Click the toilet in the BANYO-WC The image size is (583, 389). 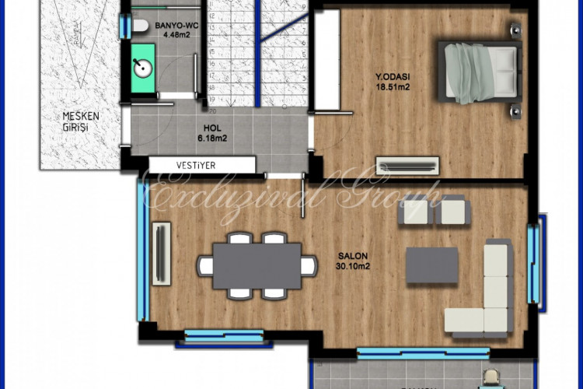click(140, 26)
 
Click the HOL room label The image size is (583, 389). click(212, 129)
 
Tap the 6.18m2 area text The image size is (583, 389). click(212, 139)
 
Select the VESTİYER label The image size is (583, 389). click(195, 165)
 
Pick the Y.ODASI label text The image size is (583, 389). click(393, 77)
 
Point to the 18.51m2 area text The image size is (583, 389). click(393, 87)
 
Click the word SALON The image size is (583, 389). click(352, 256)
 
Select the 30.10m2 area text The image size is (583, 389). click(352, 266)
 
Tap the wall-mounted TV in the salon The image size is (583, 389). click(162, 256)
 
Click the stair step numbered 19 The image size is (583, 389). click(211, 100)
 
